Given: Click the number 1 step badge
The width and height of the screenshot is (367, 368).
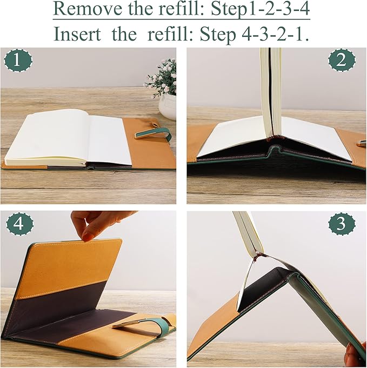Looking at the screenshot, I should (18, 62).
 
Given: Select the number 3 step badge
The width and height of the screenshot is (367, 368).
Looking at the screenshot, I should (341, 224).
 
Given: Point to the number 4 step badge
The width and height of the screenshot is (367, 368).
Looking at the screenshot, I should (18, 224).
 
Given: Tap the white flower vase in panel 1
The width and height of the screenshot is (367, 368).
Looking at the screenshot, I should (168, 106).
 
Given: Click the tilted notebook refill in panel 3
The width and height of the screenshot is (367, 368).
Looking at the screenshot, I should (246, 232).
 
